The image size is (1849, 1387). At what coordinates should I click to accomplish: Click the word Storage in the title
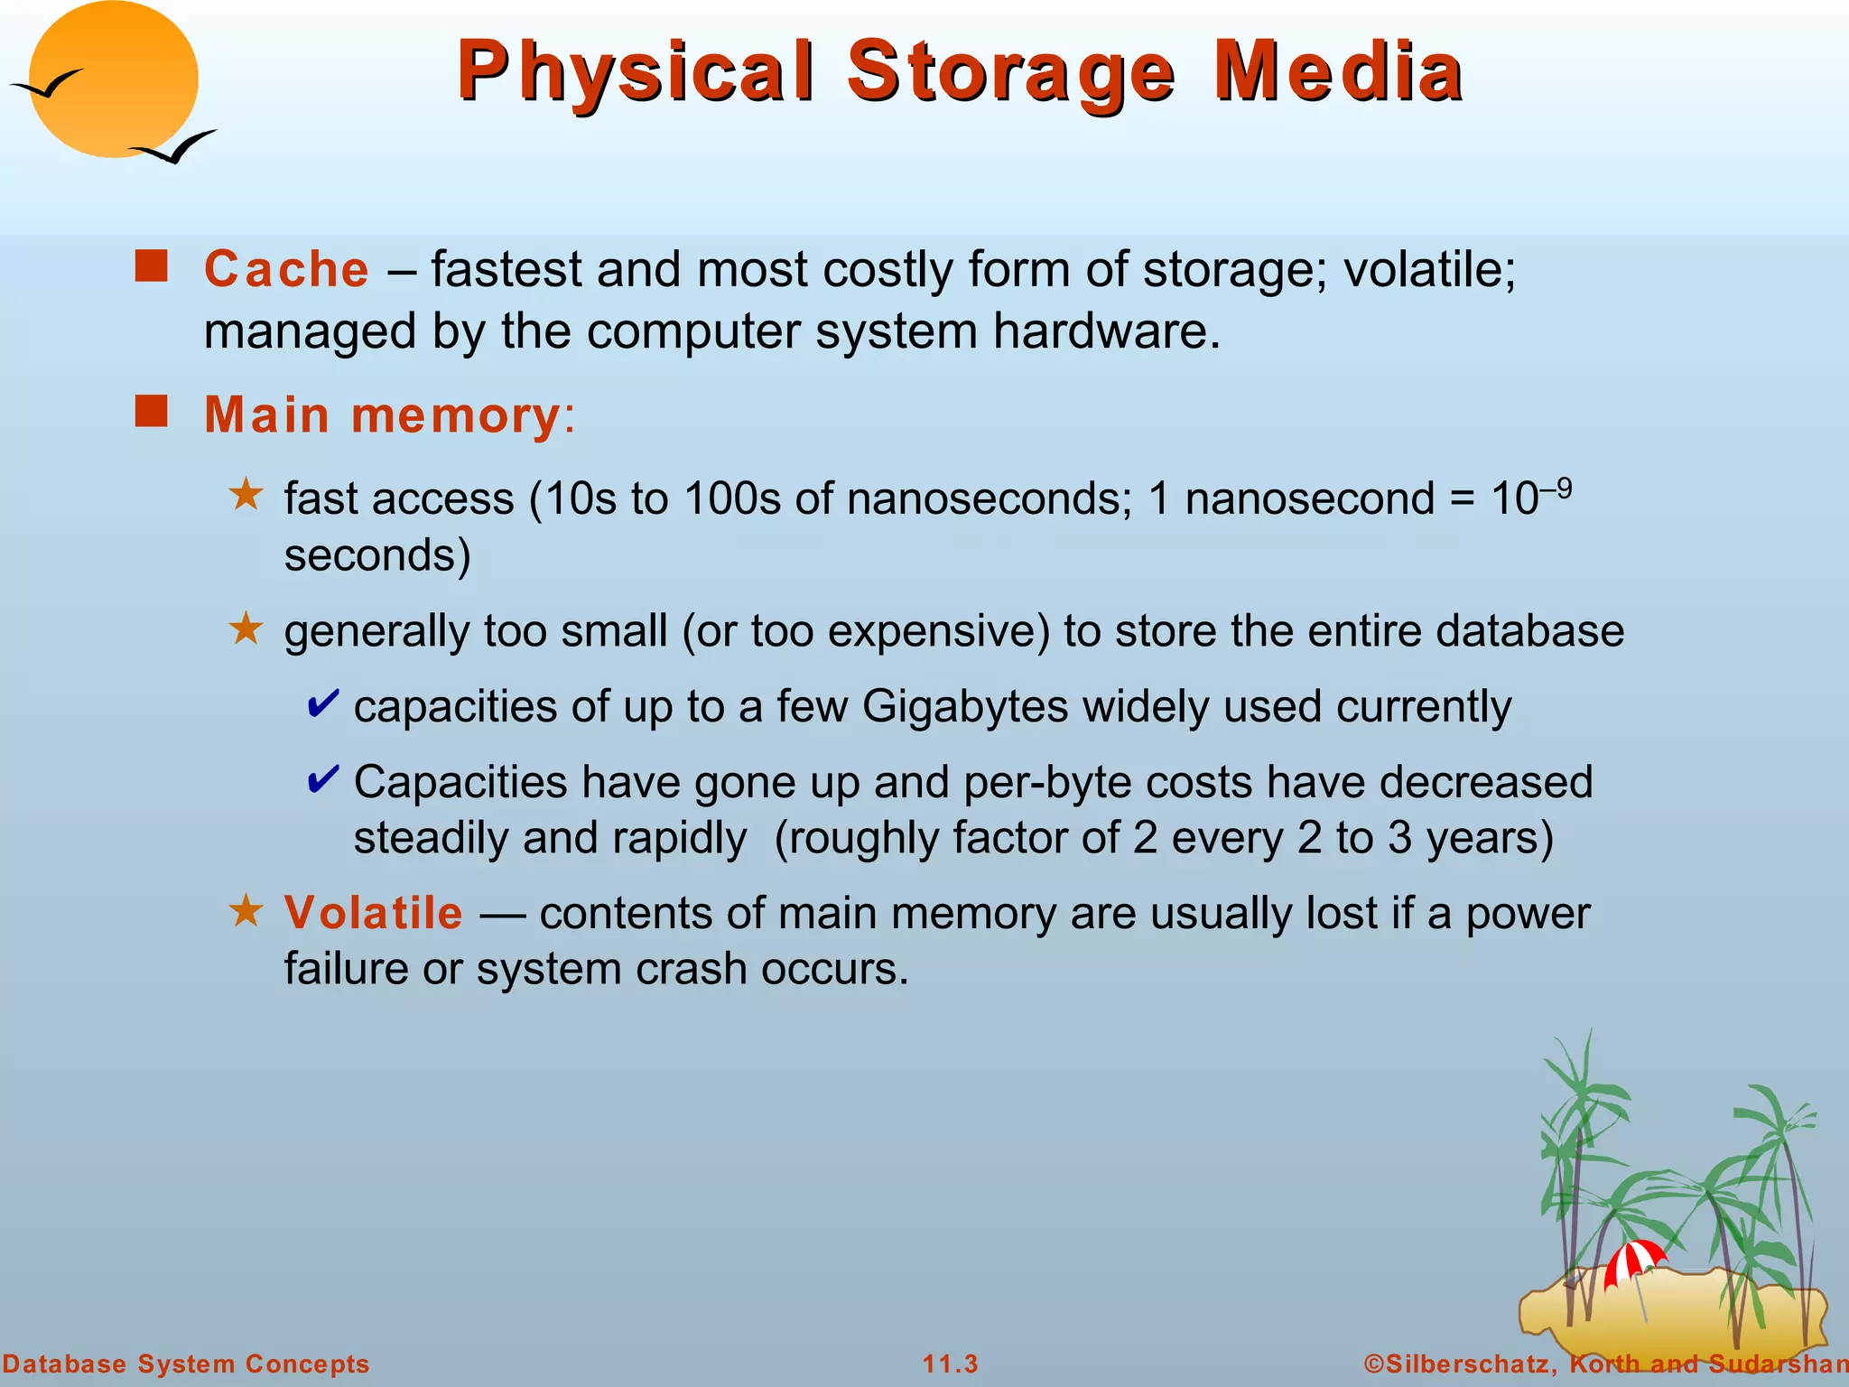click(x=1010, y=72)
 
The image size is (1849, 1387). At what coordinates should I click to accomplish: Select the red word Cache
click(x=286, y=269)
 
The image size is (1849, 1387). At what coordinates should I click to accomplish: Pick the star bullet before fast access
click(x=246, y=495)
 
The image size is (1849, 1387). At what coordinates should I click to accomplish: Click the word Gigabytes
click(x=965, y=706)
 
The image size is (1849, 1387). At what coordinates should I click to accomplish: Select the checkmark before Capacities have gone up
click(x=323, y=779)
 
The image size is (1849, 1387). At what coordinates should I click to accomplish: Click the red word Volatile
click(x=373, y=912)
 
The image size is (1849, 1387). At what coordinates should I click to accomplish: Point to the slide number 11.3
click(x=950, y=1364)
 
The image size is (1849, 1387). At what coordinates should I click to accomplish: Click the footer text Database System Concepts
click(x=185, y=1364)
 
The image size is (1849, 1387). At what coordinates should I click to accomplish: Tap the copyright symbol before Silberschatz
click(x=1373, y=1364)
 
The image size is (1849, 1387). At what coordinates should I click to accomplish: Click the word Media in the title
click(x=1338, y=72)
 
